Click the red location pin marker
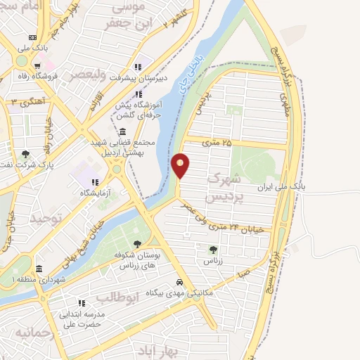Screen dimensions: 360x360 coord(181,166)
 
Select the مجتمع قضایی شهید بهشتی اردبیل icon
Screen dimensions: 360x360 coord(123,132)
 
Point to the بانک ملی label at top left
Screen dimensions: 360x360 coord(33,48)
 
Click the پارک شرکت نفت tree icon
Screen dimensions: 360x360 coord(26,154)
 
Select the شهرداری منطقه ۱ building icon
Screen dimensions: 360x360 coord(39,269)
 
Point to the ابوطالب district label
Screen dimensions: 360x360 coord(130,300)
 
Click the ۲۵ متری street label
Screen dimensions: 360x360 coord(216,143)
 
